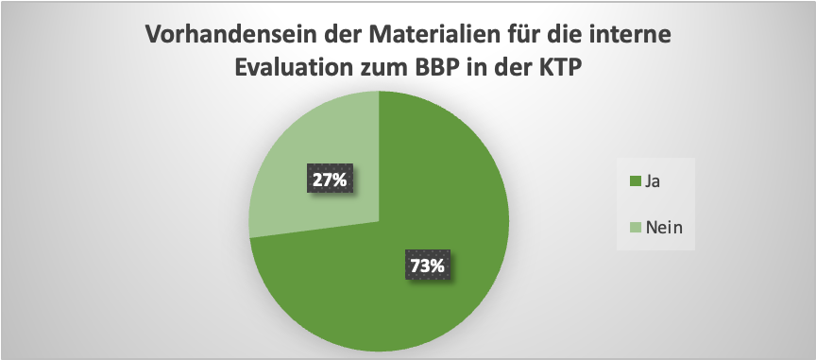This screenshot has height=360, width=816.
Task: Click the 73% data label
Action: [x=427, y=266]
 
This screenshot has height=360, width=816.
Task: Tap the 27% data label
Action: [x=326, y=179]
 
